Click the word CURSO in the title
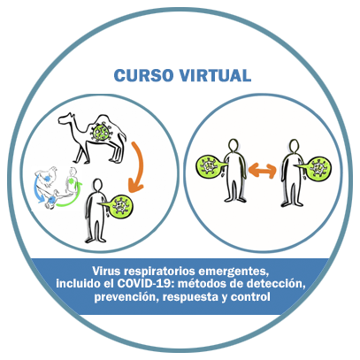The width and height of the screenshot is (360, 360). (x=143, y=75)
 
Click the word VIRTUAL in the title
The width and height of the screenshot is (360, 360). (x=215, y=75)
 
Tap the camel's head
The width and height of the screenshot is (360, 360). (x=66, y=119)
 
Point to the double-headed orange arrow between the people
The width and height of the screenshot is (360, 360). (x=262, y=170)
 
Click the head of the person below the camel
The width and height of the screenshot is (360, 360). (x=97, y=185)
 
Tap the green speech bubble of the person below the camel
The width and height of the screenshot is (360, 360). (x=119, y=205)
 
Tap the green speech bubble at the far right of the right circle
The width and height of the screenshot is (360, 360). (x=316, y=169)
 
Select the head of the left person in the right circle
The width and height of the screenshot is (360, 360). (x=234, y=145)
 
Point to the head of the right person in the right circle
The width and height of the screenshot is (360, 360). (x=294, y=146)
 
